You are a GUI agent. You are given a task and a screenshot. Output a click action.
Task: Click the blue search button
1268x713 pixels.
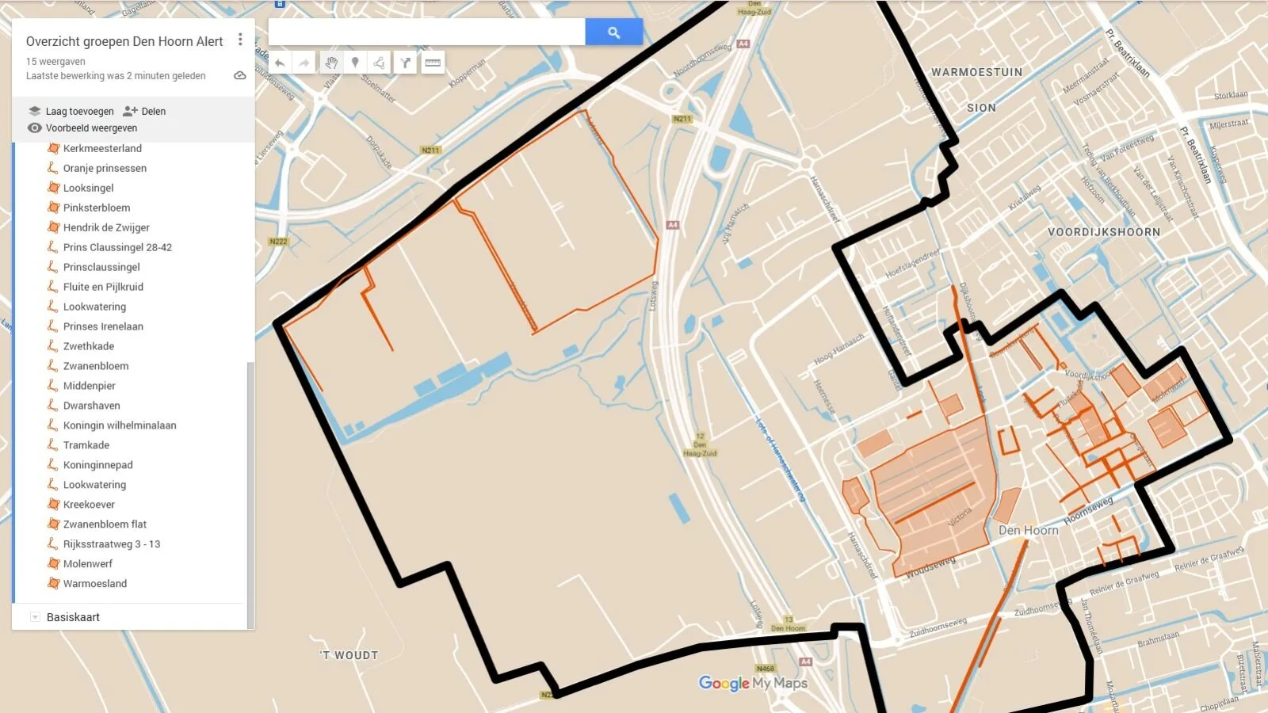[613, 32]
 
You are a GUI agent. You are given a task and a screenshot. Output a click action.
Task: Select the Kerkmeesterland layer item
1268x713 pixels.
[102, 148]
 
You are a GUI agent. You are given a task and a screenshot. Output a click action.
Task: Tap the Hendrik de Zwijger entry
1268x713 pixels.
[106, 227]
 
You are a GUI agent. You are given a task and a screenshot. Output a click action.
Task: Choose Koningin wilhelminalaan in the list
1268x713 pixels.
[120, 425]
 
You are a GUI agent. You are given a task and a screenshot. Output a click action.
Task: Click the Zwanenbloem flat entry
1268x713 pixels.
[105, 524]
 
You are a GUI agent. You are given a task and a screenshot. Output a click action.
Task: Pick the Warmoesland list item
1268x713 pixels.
[95, 584]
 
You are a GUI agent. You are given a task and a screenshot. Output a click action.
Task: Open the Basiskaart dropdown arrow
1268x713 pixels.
[35, 617]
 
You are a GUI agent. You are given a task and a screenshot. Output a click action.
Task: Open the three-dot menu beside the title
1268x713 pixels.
[240, 40]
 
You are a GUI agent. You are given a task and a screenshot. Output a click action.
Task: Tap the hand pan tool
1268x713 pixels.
[331, 63]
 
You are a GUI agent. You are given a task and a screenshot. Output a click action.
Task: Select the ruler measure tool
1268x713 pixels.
[433, 63]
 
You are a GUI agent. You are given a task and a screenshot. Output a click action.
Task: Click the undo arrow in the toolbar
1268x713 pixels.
[280, 63]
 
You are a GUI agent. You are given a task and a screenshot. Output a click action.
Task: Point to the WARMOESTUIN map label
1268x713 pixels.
[976, 72]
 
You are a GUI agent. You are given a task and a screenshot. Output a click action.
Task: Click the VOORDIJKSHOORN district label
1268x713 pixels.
[1103, 232]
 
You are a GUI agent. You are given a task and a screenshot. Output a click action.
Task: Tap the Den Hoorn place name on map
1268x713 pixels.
[1028, 530]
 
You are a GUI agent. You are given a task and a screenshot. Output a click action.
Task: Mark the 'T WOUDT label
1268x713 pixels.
[349, 655]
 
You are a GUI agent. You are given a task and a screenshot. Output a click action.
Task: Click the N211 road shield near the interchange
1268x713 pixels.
[682, 119]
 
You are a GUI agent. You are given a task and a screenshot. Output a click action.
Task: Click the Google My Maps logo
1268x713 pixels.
[753, 683]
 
